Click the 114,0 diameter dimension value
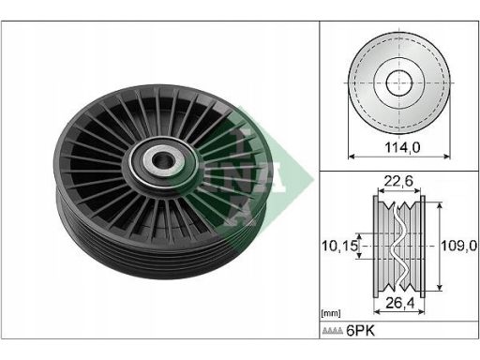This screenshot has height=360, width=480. pos(402,147)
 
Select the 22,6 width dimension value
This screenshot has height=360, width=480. pos(398,181)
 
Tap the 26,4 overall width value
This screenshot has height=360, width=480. pos(399,303)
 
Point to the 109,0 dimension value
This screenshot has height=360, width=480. pos(459,246)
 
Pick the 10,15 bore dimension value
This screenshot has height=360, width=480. pos(339,246)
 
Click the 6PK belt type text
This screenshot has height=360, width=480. pos(360,331)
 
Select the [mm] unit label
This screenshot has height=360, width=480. pos(331,313)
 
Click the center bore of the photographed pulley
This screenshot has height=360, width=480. pos(162,160)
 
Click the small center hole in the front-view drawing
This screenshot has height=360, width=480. pos(399,82)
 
